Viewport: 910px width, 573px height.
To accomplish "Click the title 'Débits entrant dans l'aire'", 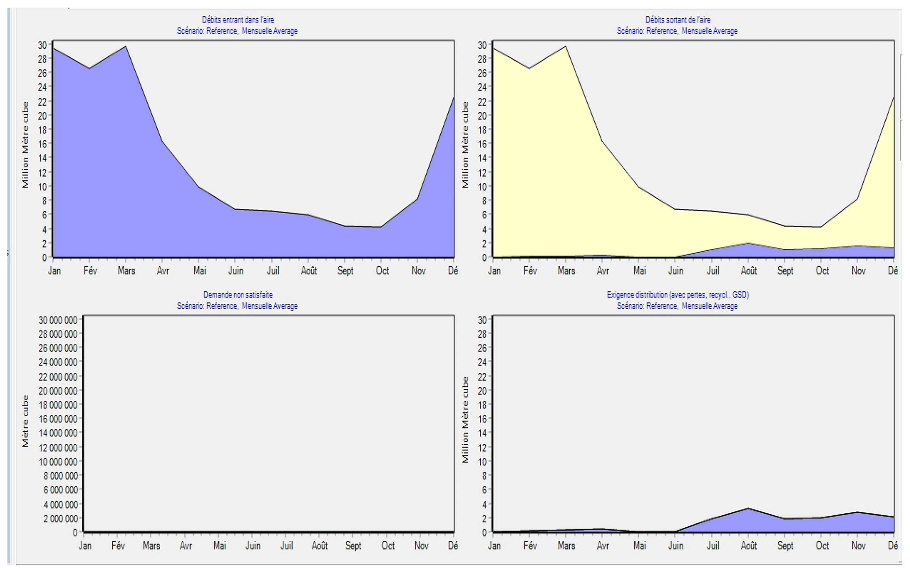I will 238,20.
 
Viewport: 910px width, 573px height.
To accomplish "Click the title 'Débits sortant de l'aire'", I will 678,20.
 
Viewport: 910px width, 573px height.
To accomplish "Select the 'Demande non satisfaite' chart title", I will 238,295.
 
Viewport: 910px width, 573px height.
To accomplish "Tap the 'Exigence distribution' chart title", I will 678,295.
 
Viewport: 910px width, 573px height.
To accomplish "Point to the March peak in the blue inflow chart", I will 126,46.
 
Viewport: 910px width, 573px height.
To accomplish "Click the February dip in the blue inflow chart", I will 89,68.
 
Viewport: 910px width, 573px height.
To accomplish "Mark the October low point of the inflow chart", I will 381,227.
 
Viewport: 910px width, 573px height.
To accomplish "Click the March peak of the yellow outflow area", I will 566,46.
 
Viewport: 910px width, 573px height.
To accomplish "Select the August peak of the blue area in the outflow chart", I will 748,243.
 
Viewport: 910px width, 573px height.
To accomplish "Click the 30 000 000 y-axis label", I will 58,320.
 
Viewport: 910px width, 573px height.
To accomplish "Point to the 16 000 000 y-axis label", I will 58,419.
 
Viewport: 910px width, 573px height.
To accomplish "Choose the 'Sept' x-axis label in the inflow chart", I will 345,270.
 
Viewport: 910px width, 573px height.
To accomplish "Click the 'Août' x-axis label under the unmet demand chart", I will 320,546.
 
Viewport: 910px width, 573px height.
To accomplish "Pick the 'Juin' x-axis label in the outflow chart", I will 676,270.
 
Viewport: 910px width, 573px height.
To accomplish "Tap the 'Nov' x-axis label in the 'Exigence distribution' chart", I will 858,546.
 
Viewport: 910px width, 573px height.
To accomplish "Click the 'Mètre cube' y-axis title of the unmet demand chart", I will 26,421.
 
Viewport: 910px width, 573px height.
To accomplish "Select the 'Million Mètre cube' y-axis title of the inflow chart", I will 26,145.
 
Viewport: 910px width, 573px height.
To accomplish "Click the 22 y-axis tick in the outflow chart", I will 483,102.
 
